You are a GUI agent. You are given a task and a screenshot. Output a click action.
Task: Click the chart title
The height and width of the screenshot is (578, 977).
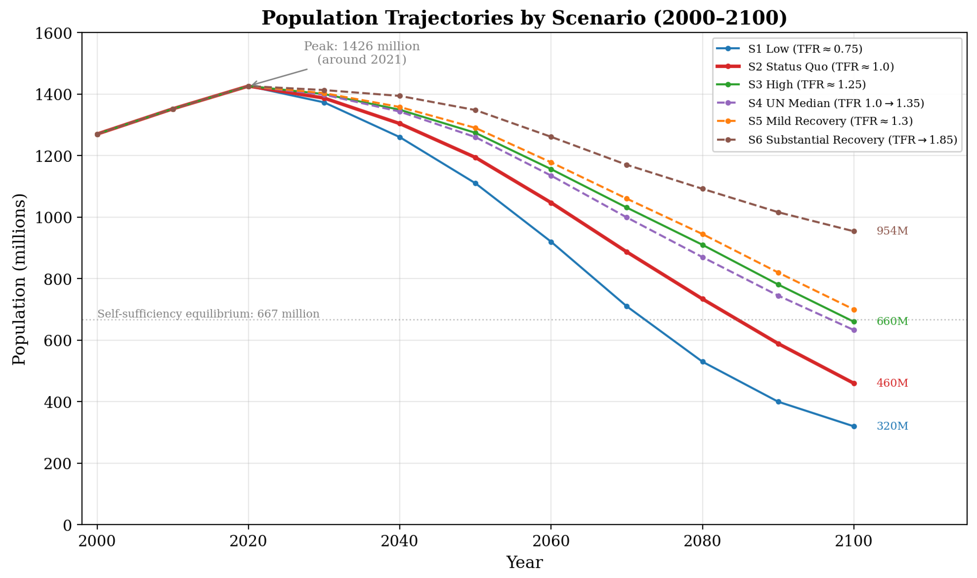click(x=524, y=18)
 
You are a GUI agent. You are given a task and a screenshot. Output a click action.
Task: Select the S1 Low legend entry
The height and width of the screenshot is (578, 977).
click(x=789, y=49)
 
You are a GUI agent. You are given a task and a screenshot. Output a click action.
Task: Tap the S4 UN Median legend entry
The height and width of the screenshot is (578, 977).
click(x=820, y=103)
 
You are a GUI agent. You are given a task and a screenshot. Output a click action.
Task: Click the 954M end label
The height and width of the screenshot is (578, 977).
click(x=892, y=231)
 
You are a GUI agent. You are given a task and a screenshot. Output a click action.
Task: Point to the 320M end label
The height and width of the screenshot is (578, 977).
click(x=892, y=426)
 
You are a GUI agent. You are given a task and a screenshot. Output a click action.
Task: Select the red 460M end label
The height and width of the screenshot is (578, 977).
click(x=892, y=383)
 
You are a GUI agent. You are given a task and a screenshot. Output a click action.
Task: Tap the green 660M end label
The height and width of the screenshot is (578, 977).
click(x=892, y=321)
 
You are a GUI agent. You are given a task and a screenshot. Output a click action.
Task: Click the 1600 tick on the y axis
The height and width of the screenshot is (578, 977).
click(x=53, y=34)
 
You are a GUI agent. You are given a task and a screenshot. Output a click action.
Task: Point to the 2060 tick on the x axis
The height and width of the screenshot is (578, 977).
click(x=551, y=541)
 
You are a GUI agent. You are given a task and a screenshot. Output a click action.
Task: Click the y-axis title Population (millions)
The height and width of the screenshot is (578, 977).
click(x=19, y=279)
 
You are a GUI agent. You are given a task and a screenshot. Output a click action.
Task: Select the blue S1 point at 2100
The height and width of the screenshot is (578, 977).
click(x=854, y=426)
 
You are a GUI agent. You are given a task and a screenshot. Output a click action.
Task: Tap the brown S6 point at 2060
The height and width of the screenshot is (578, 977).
click(x=551, y=137)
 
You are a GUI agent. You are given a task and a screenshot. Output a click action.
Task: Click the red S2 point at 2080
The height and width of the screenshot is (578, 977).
click(x=703, y=299)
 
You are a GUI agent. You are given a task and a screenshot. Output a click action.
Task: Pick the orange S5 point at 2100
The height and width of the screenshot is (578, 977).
click(x=854, y=310)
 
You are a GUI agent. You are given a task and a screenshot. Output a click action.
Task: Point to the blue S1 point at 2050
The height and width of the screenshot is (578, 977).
click(x=475, y=183)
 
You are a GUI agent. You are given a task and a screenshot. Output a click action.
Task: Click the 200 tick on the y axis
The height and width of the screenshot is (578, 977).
click(x=58, y=463)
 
